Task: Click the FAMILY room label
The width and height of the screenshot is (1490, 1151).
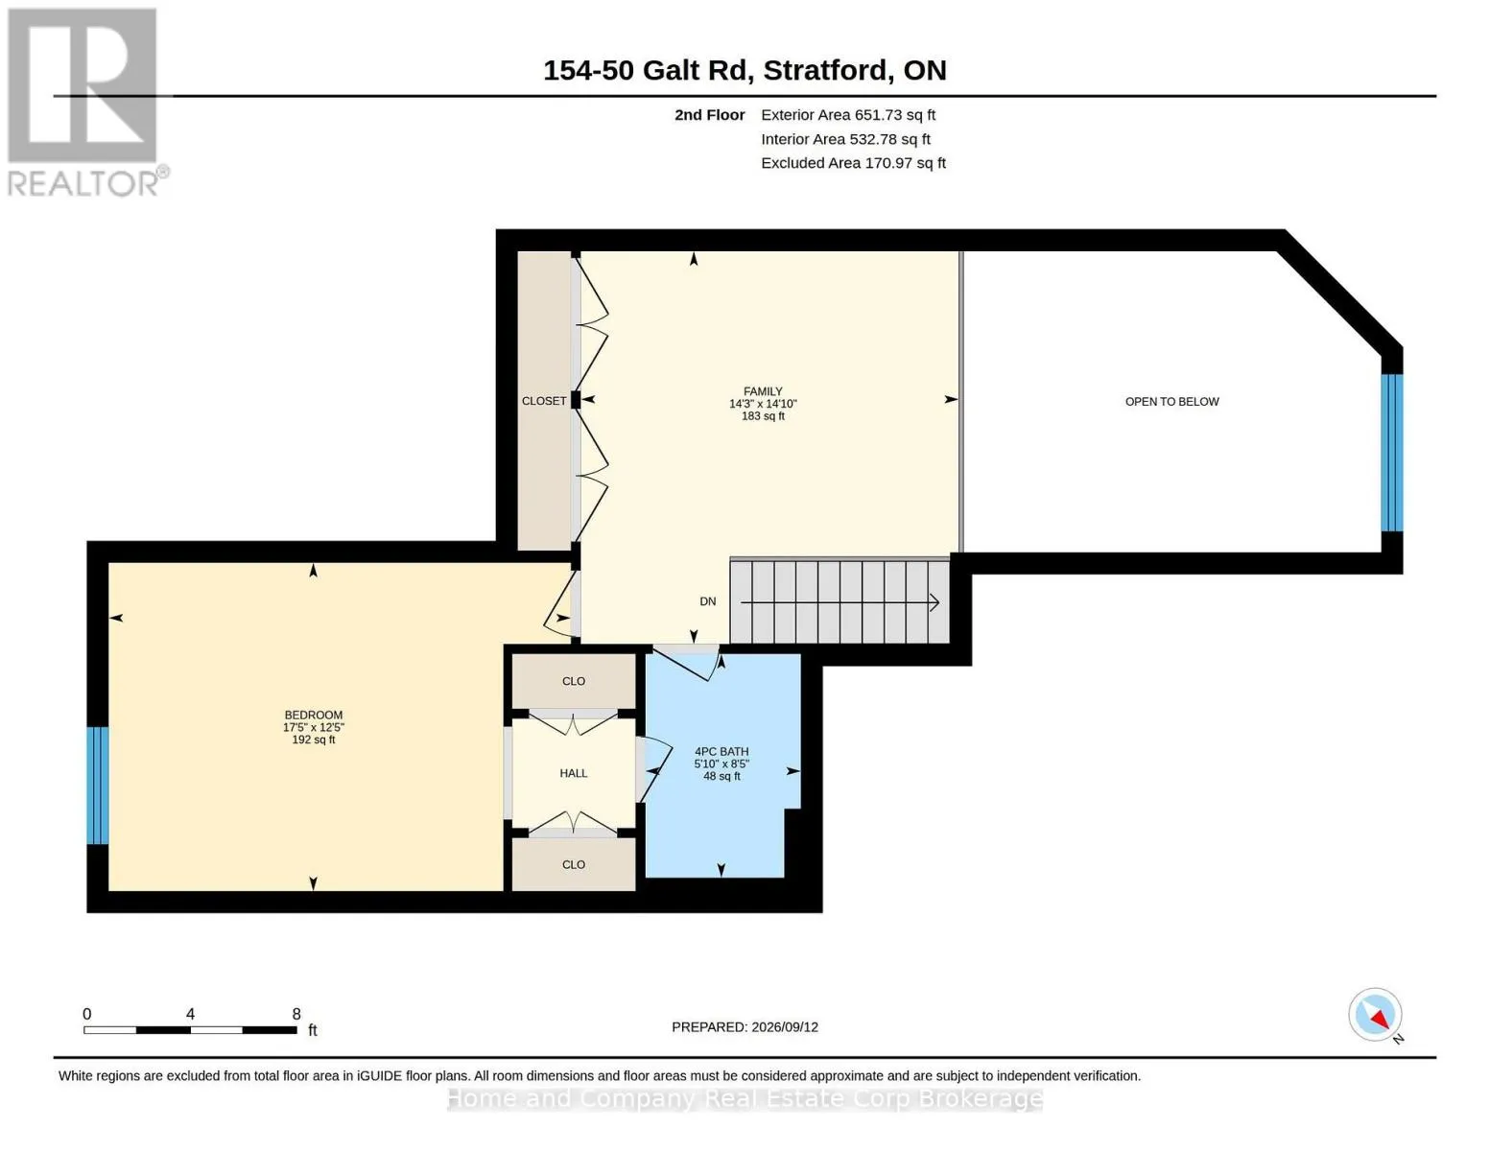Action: pyautogui.click(x=763, y=391)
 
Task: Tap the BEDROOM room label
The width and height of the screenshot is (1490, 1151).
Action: pyautogui.click(x=314, y=715)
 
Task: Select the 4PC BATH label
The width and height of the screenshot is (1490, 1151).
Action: pyautogui.click(x=721, y=751)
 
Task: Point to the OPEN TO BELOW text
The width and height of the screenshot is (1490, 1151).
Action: pyautogui.click(x=1171, y=402)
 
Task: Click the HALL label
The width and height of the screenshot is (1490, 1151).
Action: pyautogui.click(x=573, y=773)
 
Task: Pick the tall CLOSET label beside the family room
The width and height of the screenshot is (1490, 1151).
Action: pyautogui.click(x=544, y=401)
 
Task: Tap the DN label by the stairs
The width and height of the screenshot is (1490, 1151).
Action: pyautogui.click(x=708, y=601)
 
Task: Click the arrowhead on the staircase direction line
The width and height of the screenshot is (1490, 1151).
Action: pyautogui.click(x=934, y=602)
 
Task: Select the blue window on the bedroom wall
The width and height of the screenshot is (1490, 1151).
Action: pyautogui.click(x=97, y=786)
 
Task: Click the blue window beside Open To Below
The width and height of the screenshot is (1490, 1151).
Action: pyautogui.click(x=1392, y=453)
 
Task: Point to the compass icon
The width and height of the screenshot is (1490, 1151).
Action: pyautogui.click(x=1375, y=1015)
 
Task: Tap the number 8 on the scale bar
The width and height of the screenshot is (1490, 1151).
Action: pyautogui.click(x=296, y=1014)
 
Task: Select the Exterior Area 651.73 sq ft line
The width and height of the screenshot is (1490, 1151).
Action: pyautogui.click(x=848, y=115)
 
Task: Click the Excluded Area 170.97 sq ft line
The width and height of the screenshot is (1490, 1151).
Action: pyautogui.click(x=853, y=163)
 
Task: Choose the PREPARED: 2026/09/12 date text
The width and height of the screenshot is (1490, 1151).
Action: pyautogui.click(x=745, y=1027)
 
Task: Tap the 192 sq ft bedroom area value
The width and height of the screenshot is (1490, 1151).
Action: pyautogui.click(x=314, y=740)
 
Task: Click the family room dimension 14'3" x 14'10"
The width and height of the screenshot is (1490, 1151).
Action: pyautogui.click(x=763, y=404)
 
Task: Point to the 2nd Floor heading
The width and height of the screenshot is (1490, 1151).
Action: pyautogui.click(x=709, y=115)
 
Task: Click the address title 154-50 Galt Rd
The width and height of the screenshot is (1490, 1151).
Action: pyautogui.click(x=648, y=71)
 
